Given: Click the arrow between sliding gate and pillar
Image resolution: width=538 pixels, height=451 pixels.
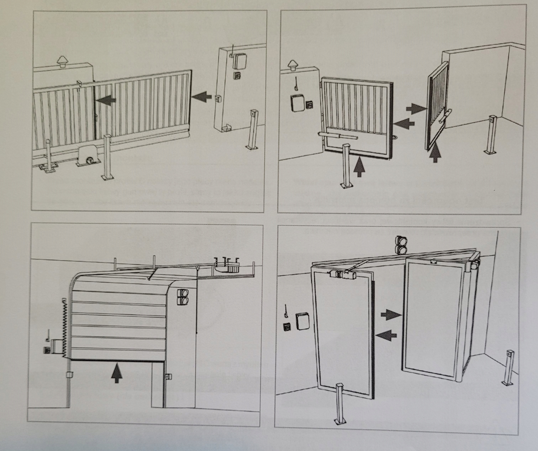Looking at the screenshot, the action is [202, 97].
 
